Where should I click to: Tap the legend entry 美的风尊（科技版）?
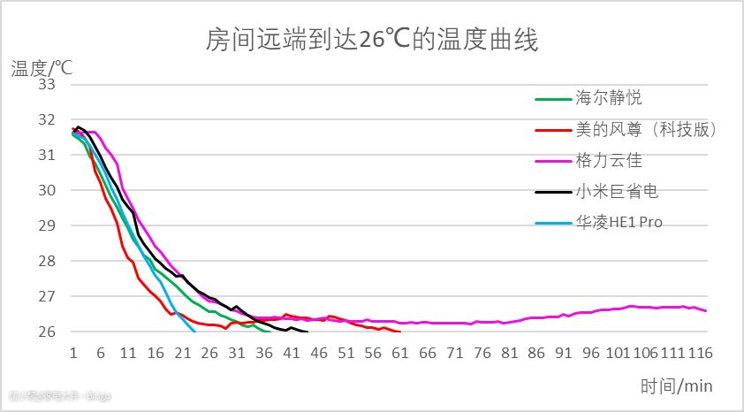point(646,129)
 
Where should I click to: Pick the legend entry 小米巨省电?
point(617,191)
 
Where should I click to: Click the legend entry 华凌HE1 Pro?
point(619,222)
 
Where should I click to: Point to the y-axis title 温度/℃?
point(42,66)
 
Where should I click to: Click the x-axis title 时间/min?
point(677,385)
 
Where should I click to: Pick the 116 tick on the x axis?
point(699,353)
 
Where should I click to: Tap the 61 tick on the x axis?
point(400,353)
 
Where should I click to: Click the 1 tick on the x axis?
point(73,353)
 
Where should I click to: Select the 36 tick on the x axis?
point(264,353)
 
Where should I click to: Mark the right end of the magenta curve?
point(706,310)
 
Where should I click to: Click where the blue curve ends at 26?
point(195,332)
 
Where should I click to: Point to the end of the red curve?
point(400,332)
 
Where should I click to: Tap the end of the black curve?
point(307,332)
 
